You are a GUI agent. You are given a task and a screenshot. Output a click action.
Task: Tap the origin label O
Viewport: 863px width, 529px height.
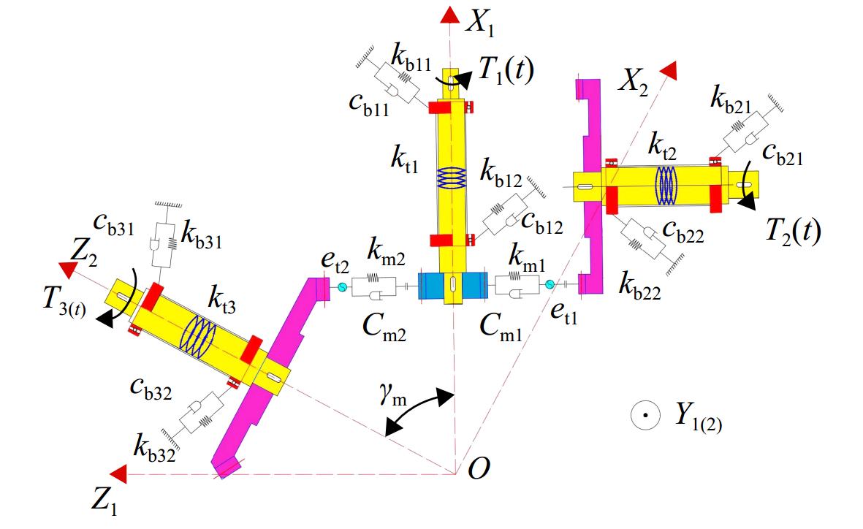[479, 468]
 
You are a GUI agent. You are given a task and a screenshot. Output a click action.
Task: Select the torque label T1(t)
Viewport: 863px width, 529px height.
[506, 70]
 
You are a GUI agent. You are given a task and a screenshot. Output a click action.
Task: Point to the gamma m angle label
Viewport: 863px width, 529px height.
[392, 395]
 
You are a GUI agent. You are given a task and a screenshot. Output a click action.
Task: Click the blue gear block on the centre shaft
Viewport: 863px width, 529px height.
[452, 286]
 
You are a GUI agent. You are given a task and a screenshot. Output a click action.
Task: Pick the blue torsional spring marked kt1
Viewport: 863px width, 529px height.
[452, 178]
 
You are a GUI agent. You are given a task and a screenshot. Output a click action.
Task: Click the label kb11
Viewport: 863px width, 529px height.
[411, 57]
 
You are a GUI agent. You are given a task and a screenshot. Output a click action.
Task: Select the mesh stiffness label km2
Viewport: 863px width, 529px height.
[386, 253]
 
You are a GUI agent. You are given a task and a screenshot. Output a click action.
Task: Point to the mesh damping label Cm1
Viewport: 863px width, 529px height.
[501, 327]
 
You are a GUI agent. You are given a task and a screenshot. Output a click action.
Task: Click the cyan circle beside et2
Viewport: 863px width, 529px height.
[342, 287]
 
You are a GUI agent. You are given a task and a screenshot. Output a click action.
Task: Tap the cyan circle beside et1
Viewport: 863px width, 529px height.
[550, 283]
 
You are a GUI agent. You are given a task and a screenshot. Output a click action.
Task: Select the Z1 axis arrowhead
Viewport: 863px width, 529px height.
[118, 474]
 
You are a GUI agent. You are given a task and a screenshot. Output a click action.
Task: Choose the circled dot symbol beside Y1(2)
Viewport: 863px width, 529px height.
[645, 415]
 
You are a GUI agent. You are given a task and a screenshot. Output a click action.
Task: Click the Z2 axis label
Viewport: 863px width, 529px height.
[83, 254]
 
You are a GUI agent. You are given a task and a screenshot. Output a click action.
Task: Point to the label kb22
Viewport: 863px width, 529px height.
[639, 286]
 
